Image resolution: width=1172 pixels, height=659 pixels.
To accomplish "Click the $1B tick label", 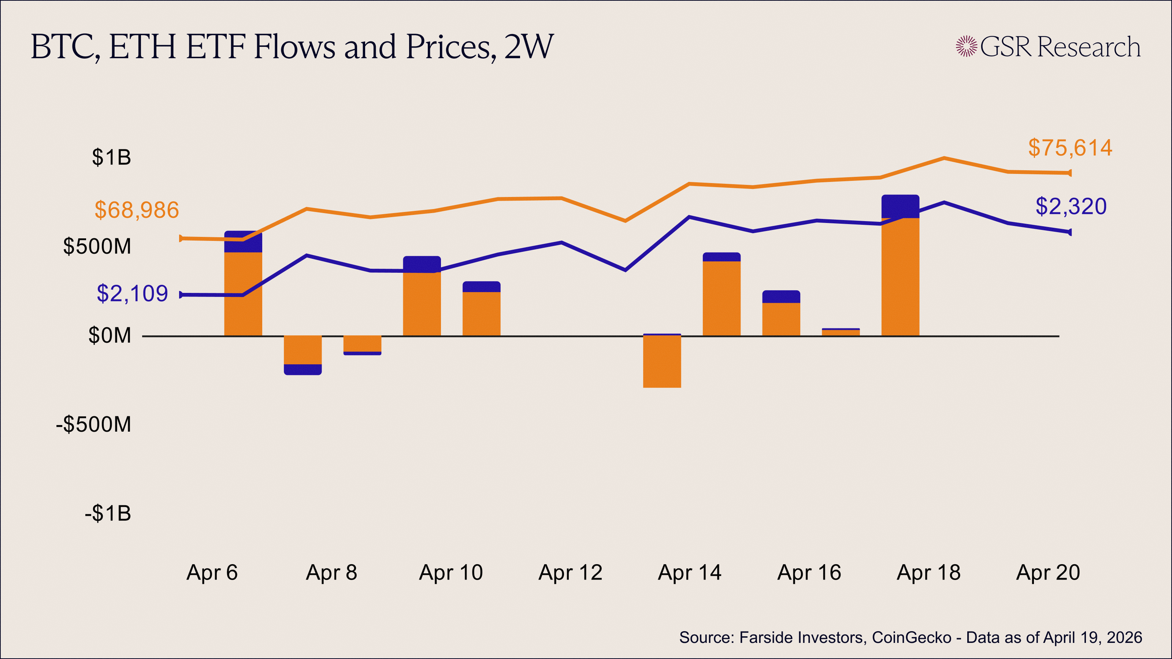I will (111, 157).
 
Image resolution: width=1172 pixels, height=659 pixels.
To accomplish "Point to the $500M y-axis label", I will (97, 246).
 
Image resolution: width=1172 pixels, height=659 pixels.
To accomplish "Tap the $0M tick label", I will (110, 336).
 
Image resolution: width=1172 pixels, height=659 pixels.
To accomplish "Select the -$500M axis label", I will (93, 424).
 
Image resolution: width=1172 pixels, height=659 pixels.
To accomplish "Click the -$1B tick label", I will (108, 513).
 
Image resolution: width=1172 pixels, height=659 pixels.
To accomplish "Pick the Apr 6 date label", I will (212, 573).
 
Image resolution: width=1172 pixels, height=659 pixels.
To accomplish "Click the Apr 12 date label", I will (570, 573).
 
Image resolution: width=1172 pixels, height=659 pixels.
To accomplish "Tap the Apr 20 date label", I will (1048, 573).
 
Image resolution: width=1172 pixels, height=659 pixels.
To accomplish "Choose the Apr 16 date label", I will (809, 573).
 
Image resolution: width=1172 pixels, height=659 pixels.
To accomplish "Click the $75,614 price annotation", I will (1070, 148).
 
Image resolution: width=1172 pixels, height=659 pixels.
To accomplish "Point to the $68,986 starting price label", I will (137, 210).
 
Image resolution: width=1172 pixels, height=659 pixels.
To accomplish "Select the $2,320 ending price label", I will (1071, 206).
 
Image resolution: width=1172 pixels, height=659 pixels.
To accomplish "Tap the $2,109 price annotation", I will (132, 294).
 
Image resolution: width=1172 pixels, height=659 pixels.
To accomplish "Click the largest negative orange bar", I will (662, 362).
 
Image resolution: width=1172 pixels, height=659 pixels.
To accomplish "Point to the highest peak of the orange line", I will (944, 158).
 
